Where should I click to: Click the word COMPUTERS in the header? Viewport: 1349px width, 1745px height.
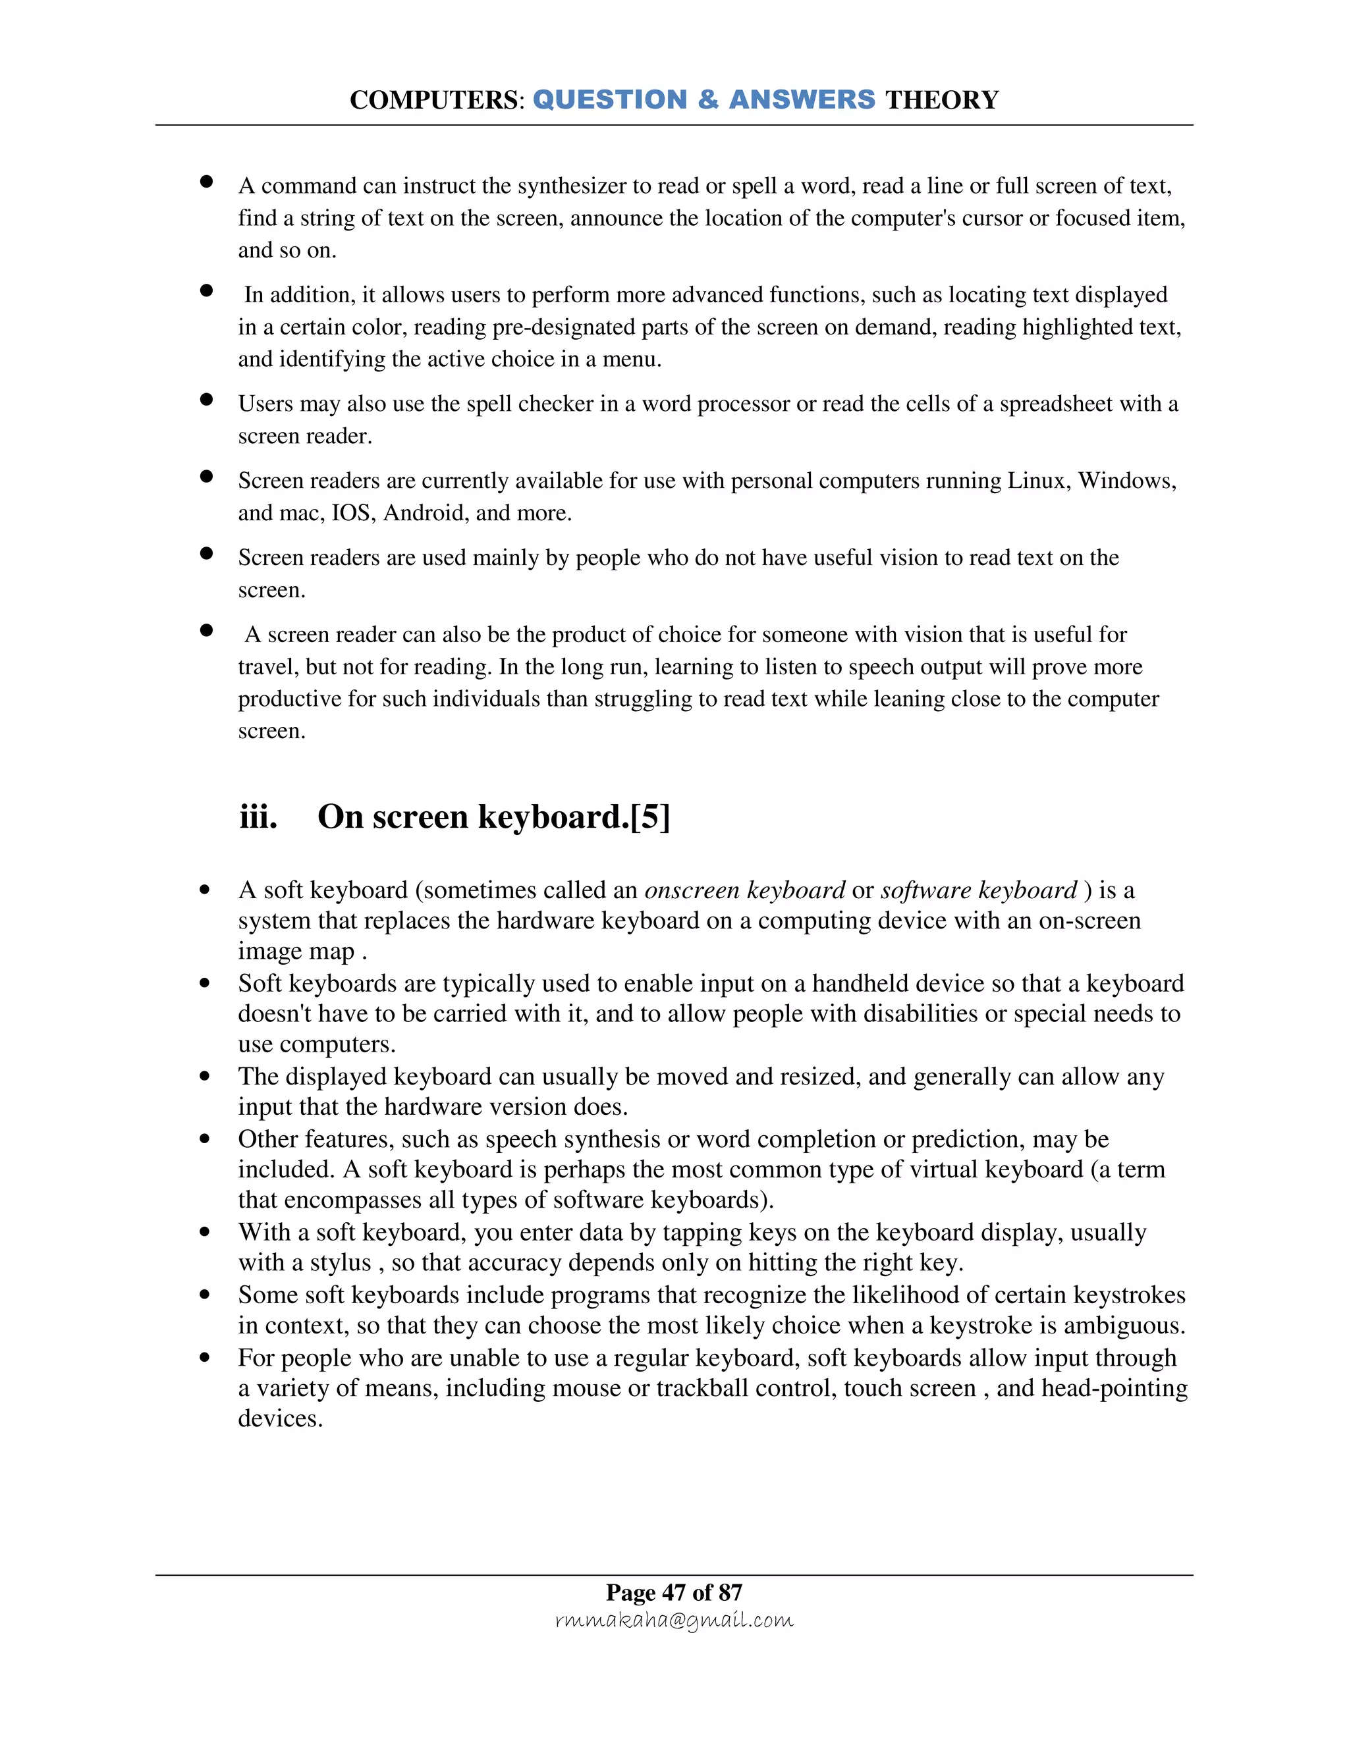pos(435,101)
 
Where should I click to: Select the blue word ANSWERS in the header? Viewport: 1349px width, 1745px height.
pos(802,100)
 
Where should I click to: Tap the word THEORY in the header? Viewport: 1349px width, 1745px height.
pos(942,101)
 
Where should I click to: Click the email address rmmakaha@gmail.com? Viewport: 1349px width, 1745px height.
pos(674,1621)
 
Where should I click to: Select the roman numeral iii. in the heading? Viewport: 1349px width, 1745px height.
pos(258,817)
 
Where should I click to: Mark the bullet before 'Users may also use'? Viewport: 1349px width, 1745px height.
pos(206,400)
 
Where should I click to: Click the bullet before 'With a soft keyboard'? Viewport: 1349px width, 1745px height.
pos(206,1232)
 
